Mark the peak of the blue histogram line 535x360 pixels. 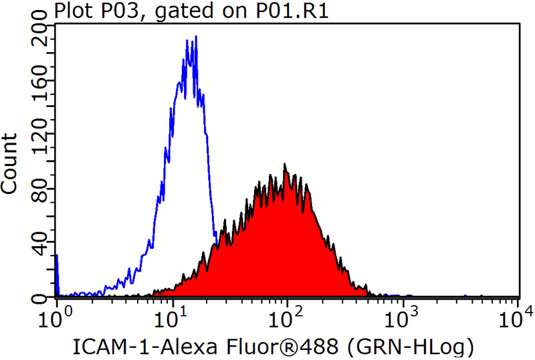point(195,37)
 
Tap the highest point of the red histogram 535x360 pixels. point(285,164)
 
